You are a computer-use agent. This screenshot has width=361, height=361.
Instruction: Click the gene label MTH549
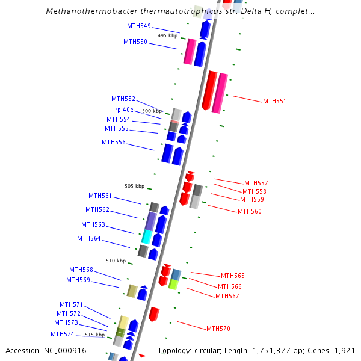click(x=138, y=26)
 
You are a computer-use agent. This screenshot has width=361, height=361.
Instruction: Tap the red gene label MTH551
click(x=274, y=101)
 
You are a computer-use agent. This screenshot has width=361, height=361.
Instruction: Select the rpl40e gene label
click(x=124, y=110)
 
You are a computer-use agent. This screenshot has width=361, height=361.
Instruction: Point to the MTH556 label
click(x=114, y=142)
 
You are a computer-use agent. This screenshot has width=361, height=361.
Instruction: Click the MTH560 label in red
click(x=249, y=211)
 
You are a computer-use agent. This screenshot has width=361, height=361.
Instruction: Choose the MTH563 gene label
click(x=93, y=224)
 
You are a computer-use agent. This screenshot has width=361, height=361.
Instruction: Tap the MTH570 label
click(x=218, y=329)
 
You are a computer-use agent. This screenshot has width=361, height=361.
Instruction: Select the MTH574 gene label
click(x=63, y=334)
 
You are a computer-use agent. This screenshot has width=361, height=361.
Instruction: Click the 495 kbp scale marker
click(x=167, y=35)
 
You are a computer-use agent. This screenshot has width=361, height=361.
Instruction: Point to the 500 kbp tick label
click(x=152, y=111)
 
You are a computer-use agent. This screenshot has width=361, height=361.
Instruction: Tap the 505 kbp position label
click(x=134, y=186)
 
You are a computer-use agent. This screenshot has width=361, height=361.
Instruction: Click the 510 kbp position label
click(x=116, y=261)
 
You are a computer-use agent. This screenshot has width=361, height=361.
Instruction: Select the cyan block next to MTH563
click(x=146, y=236)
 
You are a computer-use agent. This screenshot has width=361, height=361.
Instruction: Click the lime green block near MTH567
click(x=173, y=284)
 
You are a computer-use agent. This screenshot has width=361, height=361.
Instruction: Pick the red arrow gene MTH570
click(x=154, y=314)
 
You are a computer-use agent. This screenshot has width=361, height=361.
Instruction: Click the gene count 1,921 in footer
click(x=344, y=350)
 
